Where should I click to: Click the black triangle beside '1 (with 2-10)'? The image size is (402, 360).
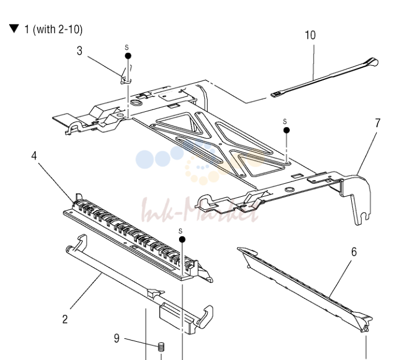[x=14, y=29]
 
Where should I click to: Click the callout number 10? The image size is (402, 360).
[x=310, y=35]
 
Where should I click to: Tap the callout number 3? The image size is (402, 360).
[x=80, y=51]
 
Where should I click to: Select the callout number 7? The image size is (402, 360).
[x=377, y=123]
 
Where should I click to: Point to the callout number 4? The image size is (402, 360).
[x=34, y=156]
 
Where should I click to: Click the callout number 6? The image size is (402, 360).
[x=354, y=252]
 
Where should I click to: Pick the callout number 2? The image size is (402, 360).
[x=65, y=319]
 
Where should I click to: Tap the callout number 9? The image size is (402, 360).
[x=117, y=338]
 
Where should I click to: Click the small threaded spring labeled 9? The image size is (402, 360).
[x=161, y=347]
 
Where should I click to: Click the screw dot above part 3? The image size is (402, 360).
[x=128, y=56]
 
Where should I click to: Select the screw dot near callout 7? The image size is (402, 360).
[x=287, y=130]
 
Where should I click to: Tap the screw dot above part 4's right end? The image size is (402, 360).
[x=182, y=240]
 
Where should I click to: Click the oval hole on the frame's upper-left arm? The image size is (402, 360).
[x=136, y=103]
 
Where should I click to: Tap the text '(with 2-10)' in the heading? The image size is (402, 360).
[x=58, y=29]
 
